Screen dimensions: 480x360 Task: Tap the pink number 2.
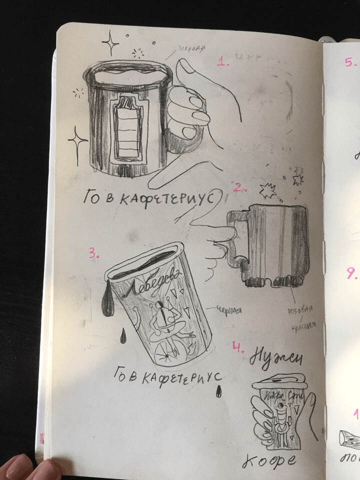tap(240, 188)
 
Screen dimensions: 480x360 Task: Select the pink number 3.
tap(95, 253)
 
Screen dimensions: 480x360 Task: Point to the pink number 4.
tap(238, 346)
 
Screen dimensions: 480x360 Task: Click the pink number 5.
tap(350, 62)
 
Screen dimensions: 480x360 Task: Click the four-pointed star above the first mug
tap(110, 43)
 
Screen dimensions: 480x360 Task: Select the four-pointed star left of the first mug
tap(78, 141)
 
